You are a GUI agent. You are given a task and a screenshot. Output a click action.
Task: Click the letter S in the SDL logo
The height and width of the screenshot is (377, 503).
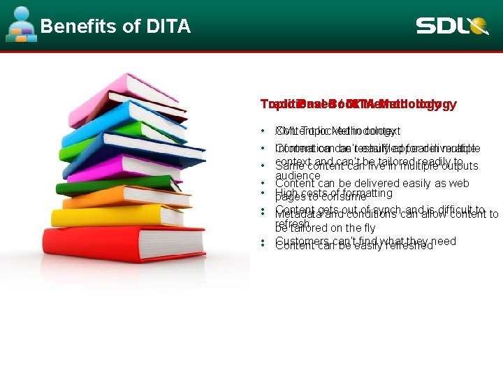[x=427, y=27]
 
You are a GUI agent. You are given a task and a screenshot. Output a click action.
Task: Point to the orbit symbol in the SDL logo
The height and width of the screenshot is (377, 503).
[x=479, y=27]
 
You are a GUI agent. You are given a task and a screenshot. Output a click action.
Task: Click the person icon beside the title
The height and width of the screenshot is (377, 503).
[x=22, y=24]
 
